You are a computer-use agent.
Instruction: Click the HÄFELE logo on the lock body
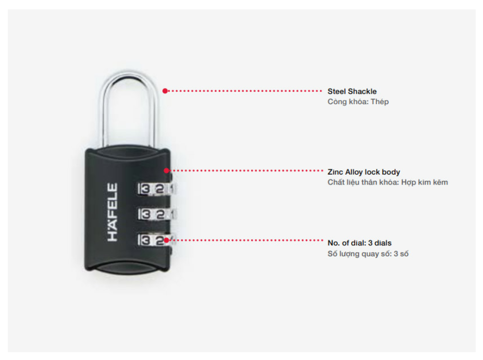coord(113,212)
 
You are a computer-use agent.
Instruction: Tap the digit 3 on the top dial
coord(145,189)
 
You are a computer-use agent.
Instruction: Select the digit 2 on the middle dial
coord(160,214)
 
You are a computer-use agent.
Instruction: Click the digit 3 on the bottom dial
coord(145,240)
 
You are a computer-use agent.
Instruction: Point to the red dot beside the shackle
coord(165,91)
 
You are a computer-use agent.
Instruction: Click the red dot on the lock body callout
coord(166,170)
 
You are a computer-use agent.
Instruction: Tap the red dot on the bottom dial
coord(166,240)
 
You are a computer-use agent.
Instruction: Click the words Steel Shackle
coord(352,91)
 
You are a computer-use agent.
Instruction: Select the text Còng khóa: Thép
coord(358,102)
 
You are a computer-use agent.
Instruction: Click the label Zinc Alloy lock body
coord(364,172)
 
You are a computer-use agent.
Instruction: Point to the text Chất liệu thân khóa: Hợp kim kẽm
coord(388,182)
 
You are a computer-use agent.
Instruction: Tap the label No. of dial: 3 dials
coord(360,243)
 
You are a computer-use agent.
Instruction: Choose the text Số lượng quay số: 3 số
coord(368,254)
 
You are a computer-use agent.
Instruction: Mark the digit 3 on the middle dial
coord(145,214)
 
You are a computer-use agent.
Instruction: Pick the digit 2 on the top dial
coord(160,189)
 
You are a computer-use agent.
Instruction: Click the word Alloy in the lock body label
coord(354,172)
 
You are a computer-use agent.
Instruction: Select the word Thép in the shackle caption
coord(380,102)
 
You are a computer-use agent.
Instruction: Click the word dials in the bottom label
coord(383,243)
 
